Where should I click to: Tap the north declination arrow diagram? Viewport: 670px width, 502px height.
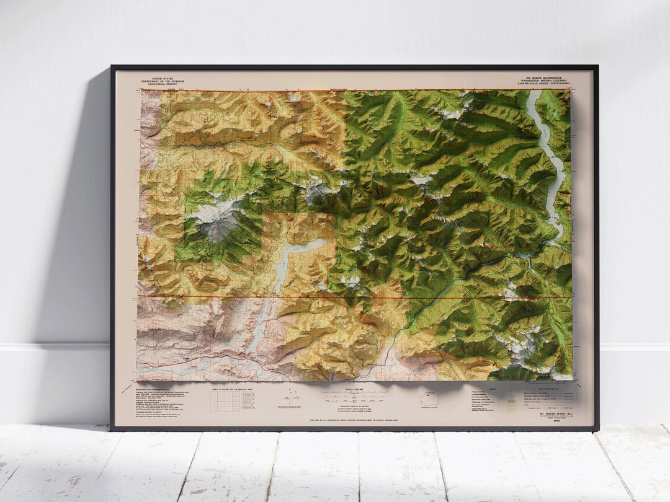tap(289, 397)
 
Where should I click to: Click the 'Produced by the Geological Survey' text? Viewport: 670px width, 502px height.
tap(152, 390)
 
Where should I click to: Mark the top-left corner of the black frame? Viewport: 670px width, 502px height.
tap(112, 66)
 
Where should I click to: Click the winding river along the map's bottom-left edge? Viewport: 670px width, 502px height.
tap(205, 363)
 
